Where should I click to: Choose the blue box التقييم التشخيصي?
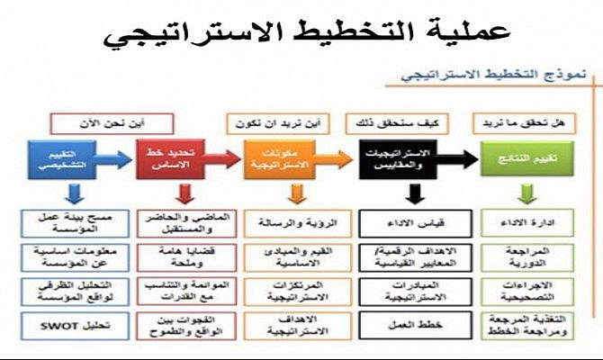(x=57, y=158)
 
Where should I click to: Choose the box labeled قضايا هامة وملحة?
(x=169, y=255)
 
